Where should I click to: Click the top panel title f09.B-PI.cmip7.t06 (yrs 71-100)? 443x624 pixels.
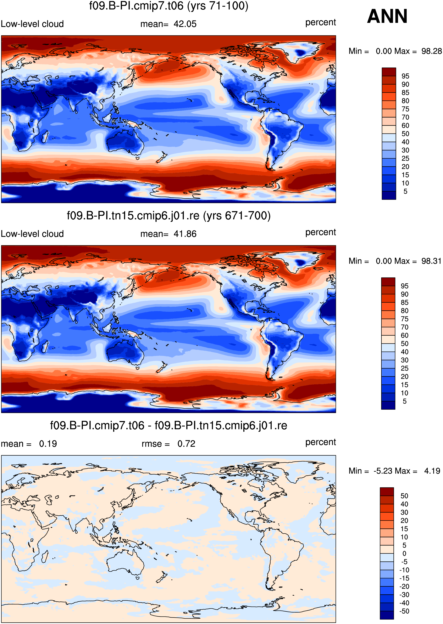[168, 6]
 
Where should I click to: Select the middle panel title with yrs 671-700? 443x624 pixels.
[168, 216]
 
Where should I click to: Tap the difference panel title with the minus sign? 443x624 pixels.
[168, 425]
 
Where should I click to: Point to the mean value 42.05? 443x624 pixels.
[185, 24]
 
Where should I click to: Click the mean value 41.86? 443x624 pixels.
[185, 234]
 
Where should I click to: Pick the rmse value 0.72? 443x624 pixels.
[186, 444]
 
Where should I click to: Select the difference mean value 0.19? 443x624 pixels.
[48, 444]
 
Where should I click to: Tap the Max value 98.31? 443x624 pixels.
[431, 261]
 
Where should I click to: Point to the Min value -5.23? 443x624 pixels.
[383, 471]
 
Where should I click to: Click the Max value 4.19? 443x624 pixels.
[432, 471]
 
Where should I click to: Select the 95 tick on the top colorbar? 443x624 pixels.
[405, 76]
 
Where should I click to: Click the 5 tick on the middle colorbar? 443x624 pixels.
[405, 401]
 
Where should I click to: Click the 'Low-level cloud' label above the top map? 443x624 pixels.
[32, 24]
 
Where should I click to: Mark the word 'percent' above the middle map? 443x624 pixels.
[321, 232]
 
